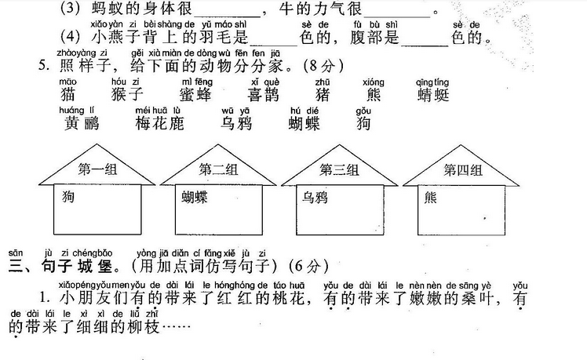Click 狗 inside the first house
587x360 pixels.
[x=69, y=198]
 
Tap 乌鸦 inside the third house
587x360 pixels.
[x=314, y=198]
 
